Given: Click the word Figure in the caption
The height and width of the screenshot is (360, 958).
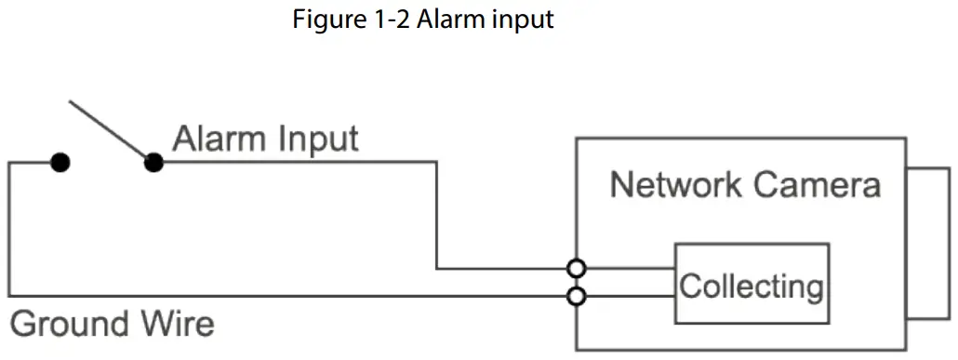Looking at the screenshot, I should pos(323,20).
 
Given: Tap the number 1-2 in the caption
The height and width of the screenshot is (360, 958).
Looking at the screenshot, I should pos(385,20).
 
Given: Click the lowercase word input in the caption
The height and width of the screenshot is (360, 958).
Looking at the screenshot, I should pos(522,20).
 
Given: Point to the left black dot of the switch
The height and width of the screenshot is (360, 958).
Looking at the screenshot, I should pos(60,163).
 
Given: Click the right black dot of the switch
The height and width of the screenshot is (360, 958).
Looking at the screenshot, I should pos(154,163).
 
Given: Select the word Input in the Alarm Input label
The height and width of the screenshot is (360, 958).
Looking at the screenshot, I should pos(317,140).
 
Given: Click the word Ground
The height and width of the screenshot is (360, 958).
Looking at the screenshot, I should pos(70,325).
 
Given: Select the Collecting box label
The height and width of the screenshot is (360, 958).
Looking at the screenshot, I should pos(751,285).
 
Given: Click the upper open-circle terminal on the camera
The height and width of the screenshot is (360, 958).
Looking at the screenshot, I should pos(577,269).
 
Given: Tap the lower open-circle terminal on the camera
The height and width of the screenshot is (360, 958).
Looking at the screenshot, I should pos(577,297).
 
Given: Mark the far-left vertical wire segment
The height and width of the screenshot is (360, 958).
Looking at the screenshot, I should pos(9,230).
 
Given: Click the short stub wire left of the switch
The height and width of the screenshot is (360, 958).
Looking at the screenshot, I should pos(33,163).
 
